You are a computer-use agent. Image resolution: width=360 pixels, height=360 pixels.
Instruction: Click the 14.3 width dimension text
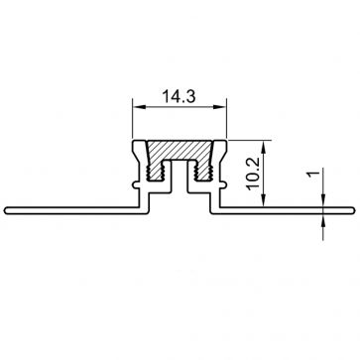(x=180, y=98)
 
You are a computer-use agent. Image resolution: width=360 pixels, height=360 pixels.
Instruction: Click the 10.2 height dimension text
(x=252, y=173)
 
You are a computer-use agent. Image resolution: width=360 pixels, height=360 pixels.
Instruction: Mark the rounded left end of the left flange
(x=7, y=208)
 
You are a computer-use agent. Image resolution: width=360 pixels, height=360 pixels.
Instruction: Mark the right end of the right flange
(x=353, y=208)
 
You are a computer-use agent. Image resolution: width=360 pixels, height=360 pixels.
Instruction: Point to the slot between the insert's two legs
(x=180, y=179)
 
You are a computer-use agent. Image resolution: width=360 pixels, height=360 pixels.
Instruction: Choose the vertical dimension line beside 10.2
(x=263, y=173)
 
